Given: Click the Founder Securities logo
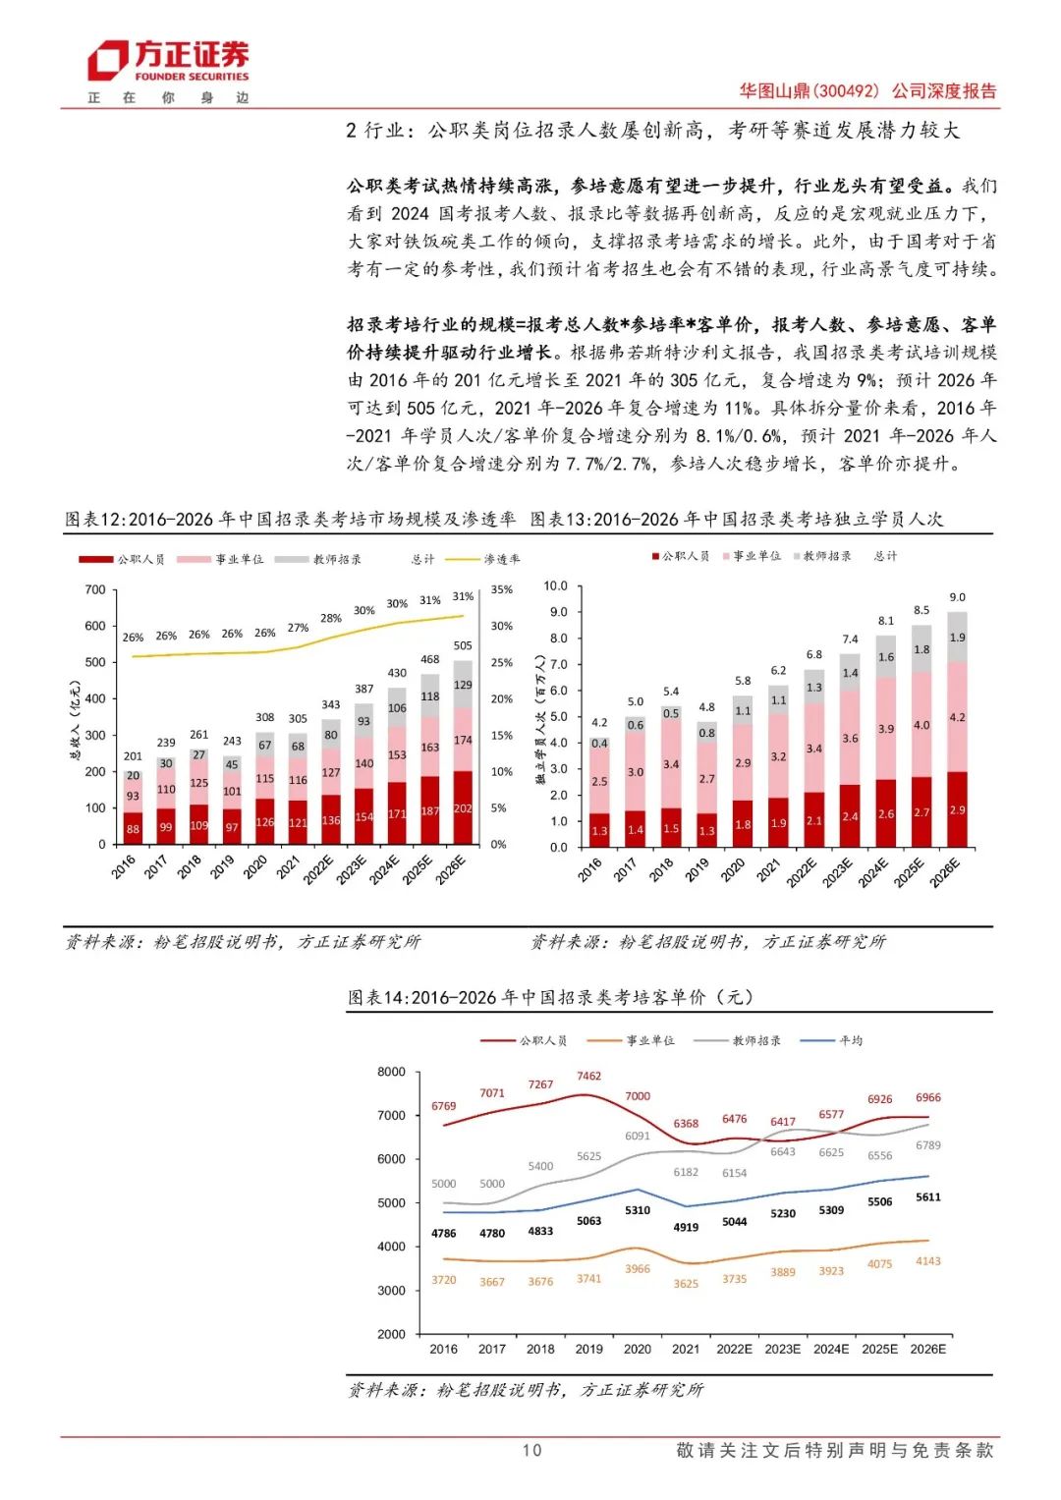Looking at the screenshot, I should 168,61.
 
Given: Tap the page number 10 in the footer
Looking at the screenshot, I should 531,1450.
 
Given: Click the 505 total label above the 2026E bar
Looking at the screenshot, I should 463,645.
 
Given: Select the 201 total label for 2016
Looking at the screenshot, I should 133,756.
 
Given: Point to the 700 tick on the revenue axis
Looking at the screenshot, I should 95,589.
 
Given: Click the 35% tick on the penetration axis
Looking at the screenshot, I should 501,589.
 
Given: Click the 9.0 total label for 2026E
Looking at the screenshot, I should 957,597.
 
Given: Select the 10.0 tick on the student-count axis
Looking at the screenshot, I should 555,585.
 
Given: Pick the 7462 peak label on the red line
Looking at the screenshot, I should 589,1077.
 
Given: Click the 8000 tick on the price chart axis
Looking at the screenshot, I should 391,1072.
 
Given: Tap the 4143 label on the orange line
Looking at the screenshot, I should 928,1261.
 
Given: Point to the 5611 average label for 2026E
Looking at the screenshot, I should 928,1197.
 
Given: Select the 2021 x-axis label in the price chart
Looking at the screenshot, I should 686,1349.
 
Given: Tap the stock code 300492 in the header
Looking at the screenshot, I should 847,91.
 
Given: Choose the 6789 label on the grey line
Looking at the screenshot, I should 928,1145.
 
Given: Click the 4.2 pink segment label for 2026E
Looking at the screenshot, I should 957,717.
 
